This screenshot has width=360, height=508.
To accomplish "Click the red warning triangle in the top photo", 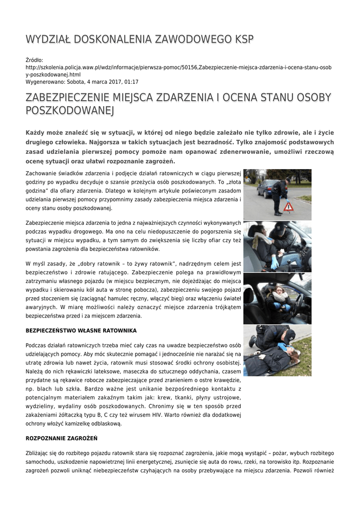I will (x=288, y=206).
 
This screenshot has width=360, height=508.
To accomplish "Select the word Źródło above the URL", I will (x=34, y=60).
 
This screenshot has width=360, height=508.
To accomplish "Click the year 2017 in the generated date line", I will (x=114, y=82).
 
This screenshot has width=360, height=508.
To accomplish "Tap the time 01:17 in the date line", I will (x=131, y=82).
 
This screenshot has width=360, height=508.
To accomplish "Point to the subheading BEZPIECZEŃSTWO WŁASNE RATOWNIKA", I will (x=81, y=330).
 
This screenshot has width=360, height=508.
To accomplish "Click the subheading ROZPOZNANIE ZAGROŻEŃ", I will (x=62, y=438).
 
